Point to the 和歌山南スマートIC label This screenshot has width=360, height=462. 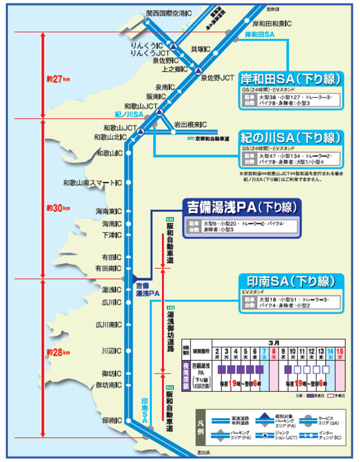(92, 182)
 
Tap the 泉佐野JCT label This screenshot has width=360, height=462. (217, 78)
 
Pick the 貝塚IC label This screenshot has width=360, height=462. (202, 48)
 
